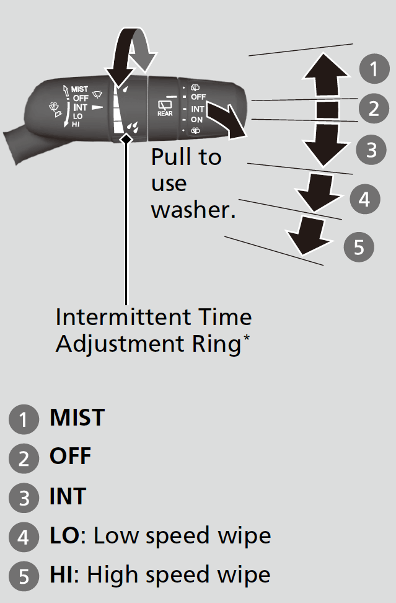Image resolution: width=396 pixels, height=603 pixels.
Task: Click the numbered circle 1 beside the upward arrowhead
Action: pos(374,68)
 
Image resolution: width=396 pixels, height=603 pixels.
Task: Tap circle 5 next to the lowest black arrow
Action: pos(359,247)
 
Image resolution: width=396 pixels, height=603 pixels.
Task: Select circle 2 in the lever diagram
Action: pos(373,109)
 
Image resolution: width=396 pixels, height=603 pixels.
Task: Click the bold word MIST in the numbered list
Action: pos(77,418)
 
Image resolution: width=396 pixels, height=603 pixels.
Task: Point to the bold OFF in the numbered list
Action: pos(70,457)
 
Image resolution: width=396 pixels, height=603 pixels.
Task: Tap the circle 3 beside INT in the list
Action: pos(24,498)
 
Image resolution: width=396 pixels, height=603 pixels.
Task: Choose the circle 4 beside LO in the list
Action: pos(24,537)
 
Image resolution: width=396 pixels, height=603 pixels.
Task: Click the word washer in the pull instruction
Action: pos(193,210)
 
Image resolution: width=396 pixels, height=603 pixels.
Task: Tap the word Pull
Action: pos(169,157)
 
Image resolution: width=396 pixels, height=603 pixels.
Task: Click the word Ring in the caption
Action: pos(218,343)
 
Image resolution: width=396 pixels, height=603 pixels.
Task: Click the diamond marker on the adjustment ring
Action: pos(126,139)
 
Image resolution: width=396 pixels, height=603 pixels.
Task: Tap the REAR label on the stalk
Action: pos(165,110)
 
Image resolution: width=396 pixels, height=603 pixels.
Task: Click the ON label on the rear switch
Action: pos(196,119)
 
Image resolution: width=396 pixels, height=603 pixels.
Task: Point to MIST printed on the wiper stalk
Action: pos(80,89)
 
